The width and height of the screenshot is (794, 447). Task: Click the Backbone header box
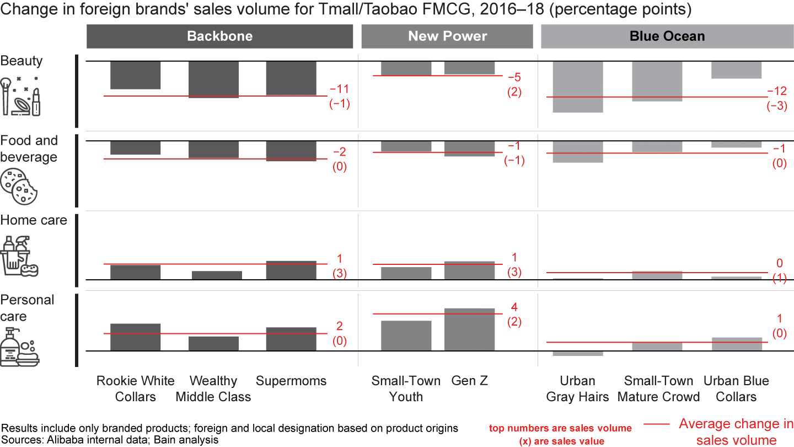(x=219, y=36)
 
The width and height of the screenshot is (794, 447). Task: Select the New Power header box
(x=447, y=36)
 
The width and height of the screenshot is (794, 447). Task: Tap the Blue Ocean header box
(x=667, y=37)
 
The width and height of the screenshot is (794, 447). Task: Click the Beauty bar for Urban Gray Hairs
(x=577, y=87)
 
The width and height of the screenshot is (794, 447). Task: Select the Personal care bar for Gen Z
(x=470, y=329)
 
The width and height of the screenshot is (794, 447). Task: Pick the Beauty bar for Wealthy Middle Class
(x=214, y=79)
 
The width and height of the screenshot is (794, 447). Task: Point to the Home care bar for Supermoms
(x=291, y=270)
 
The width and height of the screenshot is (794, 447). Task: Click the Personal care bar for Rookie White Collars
(x=135, y=337)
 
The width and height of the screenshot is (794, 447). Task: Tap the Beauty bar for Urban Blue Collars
(x=736, y=70)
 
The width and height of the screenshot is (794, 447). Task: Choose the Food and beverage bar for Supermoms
(x=291, y=151)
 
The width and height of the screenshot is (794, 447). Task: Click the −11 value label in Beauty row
(x=340, y=89)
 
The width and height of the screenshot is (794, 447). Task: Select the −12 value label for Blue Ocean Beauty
(x=777, y=91)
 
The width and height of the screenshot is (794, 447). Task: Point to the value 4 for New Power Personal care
(x=514, y=307)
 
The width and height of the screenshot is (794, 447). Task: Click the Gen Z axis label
(x=470, y=381)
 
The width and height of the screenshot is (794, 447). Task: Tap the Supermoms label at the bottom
(x=291, y=381)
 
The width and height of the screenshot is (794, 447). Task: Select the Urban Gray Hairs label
(x=577, y=389)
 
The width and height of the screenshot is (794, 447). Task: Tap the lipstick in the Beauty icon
(x=36, y=102)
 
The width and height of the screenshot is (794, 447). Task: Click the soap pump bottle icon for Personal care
(x=10, y=347)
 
